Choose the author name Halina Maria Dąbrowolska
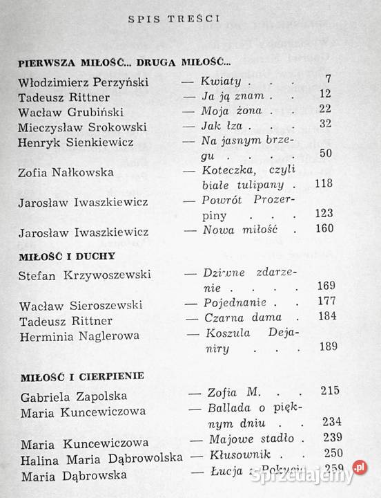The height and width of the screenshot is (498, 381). pos(101,457)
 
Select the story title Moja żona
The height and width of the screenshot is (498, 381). pos(224,109)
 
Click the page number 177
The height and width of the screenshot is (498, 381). pos(322,303)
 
